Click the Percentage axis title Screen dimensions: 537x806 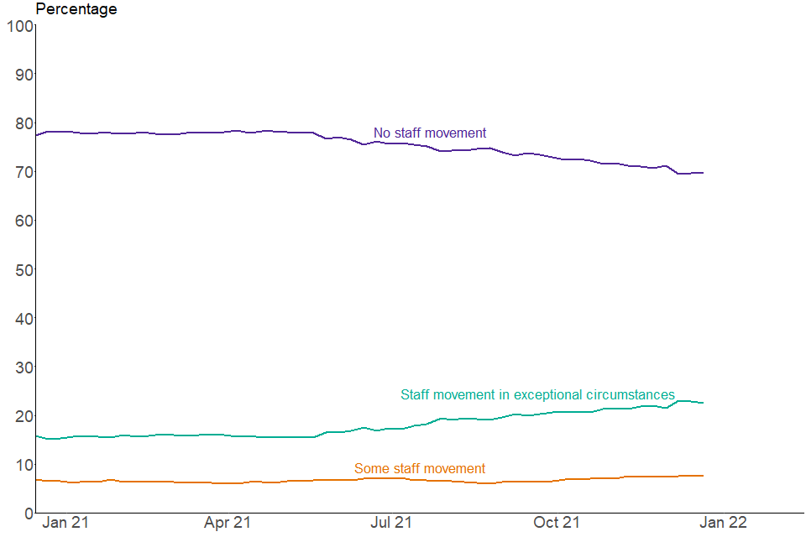coord(76,9)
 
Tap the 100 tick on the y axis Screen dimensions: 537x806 coord(18,26)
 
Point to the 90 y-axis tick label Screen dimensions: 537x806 coord(23,75)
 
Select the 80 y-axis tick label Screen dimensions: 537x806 coord(23,123)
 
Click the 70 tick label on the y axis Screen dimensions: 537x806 coord(23,172)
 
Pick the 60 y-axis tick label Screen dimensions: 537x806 coord(23,221)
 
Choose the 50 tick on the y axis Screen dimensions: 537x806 coord(23,269)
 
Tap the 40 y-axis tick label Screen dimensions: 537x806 coord(23,318)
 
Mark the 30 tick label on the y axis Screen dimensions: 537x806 coord(23,367)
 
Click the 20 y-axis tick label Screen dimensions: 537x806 coord(23,415)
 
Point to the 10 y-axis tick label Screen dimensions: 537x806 coord(23,464)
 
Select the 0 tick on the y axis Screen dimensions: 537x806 coord(28,513)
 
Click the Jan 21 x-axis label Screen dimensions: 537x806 coord(65,523)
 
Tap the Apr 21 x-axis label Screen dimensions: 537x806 coord(227,523)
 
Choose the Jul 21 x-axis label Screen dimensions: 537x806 coord(391,523)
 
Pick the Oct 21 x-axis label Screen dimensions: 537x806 coord(557,523)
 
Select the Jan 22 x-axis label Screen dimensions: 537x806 coord(723,523)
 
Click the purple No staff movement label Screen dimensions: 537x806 coord(430,133)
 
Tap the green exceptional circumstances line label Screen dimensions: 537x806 coord(537,395)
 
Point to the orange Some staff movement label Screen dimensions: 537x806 coord(420,469)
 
